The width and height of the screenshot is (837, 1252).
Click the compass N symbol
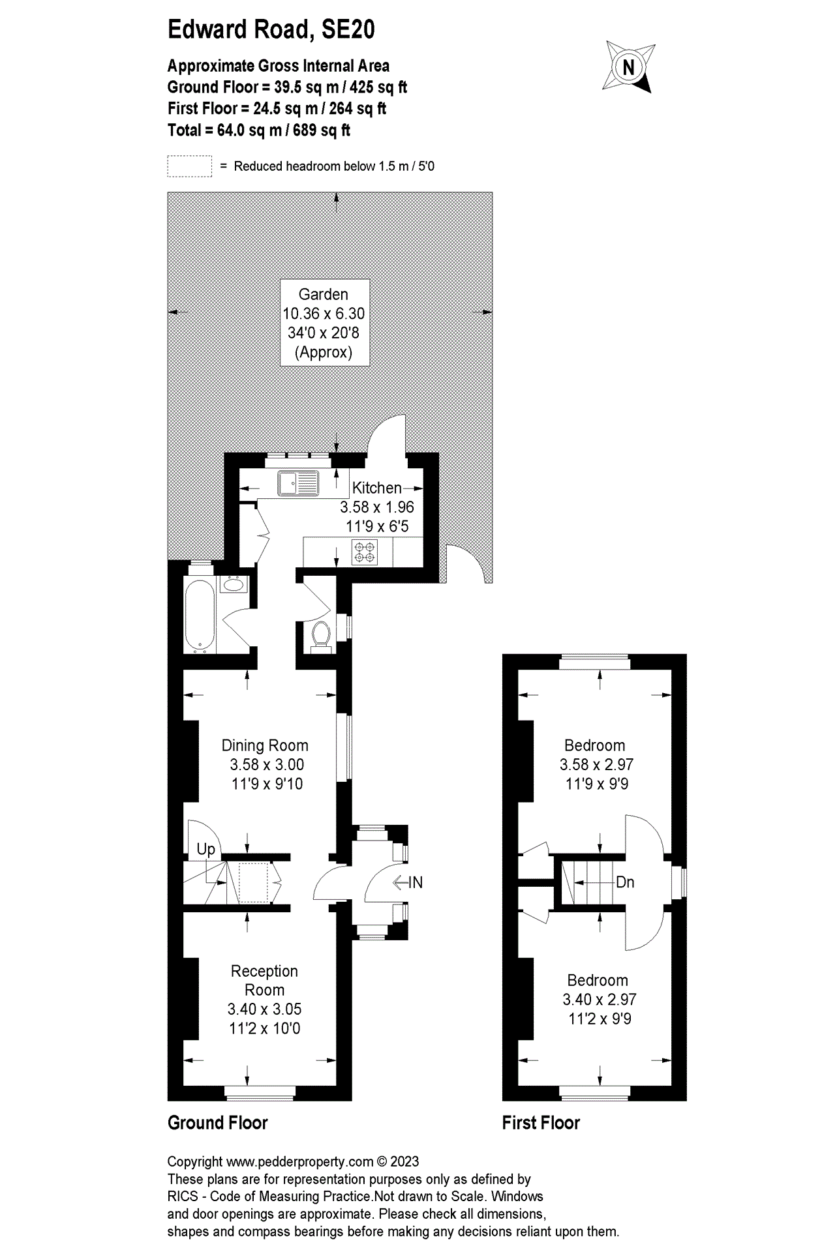[x=628, y=67]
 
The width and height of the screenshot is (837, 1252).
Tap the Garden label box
[x=324, y=323]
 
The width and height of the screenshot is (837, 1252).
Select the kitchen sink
[x=297, y=483]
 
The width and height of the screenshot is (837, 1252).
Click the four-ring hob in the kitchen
[x=365, y=552]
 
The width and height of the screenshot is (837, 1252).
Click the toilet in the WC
[x=320, y=634]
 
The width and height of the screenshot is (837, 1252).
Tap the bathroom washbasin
[x=232, y=585]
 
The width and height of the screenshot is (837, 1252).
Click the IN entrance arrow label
[x=408, y=882]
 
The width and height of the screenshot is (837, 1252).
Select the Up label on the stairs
[x=205, y=849]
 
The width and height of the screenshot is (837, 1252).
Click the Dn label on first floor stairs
[x=624, y=882]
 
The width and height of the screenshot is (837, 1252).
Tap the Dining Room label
[x=265, y=745]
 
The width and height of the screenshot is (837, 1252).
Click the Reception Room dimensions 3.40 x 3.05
[x=264, y=1009]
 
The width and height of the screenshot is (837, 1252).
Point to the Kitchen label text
[x=376, y=488]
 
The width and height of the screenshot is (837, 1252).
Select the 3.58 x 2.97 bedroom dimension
[x=596, y=764]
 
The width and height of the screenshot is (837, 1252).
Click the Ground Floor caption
[x=217, y=1123]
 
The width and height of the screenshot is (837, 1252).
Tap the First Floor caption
[x=541, y=1123]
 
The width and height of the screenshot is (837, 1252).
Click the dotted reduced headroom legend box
[x=189, y=166]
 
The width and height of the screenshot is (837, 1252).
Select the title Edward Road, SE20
[x=271, y=30]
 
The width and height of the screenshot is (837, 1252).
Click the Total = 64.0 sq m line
[x=258, y=130]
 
